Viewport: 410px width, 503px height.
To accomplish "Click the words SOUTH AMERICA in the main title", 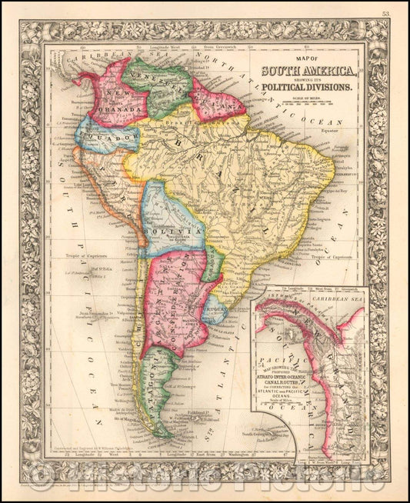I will [x=306, y=74].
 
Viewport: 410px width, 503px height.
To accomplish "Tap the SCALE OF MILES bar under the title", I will [x=306, y=102].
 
